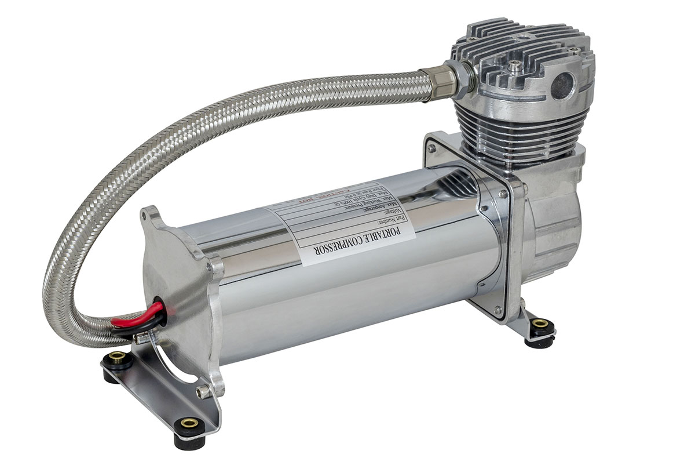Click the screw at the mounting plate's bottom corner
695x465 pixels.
pyautogui.click(x=496, y=310)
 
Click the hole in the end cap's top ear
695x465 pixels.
pyautogui.click(x=144, y=216)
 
